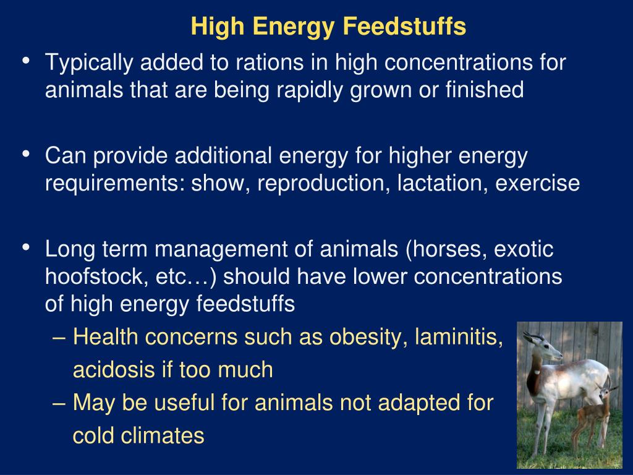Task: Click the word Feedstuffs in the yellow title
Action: (404, 26)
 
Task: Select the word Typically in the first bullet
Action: (89, 64)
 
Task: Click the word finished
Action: (485, 89)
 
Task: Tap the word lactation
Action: (443, 183)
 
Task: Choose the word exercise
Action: (537, 183)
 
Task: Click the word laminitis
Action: (459, 337)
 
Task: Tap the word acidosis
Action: (114, 370)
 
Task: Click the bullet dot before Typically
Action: (26, 61)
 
